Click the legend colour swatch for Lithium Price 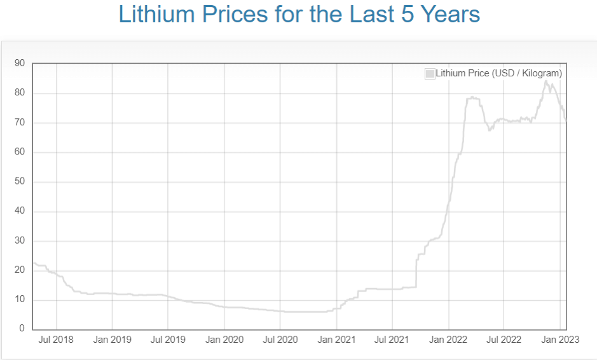tap(430, 74)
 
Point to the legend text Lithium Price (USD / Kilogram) tap(498, 74)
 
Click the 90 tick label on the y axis tap(19, 63)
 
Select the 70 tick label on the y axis tap(19, 122)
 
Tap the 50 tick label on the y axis tap(19, 182)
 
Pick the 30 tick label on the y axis tap(19, 240)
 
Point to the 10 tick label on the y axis tap(19, 300)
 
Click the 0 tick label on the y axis tap(22, 329)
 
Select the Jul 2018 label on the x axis tap(57, 340)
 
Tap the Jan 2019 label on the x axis tap(112, 340)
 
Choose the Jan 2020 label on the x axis tap(224, 340)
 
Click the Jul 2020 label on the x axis tap(280, 340)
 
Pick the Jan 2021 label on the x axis tap(336, 340)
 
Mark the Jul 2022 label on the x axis tap(504, 340)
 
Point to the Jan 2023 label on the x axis tap(559, 340)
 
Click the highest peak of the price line tap(546, 81)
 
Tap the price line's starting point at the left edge tap(33, 263)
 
